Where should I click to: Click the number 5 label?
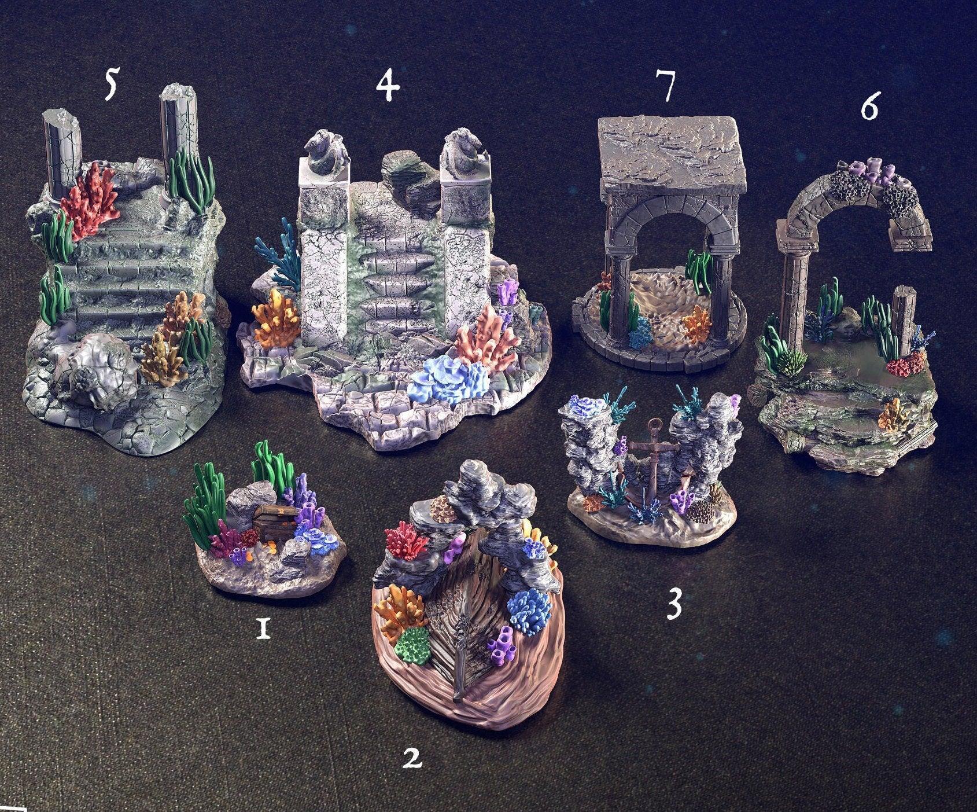tap(110, 83)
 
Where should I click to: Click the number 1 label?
tap(263, 628)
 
